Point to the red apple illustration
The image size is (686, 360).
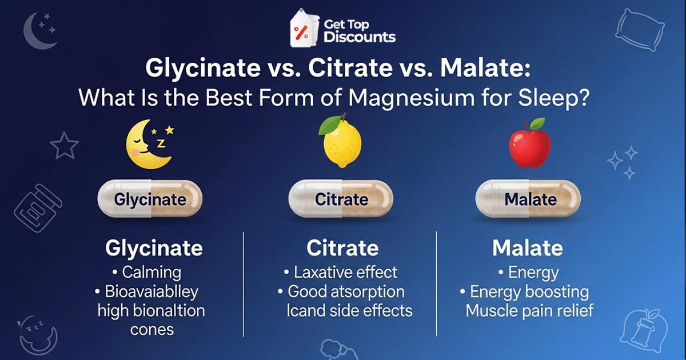click(529, 146)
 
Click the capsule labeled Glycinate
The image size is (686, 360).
click(150, 199)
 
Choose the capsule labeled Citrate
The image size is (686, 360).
click(342, 199)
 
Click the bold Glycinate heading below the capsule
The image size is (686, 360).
click(154, 249)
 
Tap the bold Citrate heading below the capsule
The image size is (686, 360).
click(342, 249)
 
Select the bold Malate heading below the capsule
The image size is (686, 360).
click(527, 249)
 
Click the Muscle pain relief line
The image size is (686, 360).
click(529, 311)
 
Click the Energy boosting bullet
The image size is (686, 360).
click(529, 292)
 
